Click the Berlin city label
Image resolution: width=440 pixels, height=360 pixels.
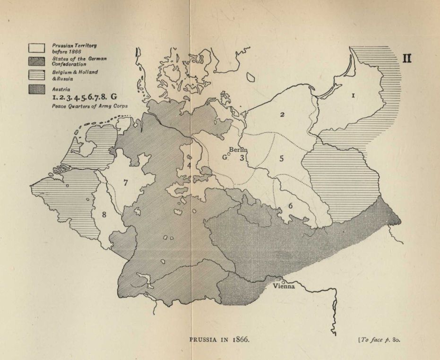[238, 150]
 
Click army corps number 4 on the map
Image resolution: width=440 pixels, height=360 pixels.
[189, 165]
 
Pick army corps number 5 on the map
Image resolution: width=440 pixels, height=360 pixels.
[281, 158]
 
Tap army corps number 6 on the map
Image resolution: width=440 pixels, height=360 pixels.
[290, 205]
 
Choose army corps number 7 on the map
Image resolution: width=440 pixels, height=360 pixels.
[126, 183]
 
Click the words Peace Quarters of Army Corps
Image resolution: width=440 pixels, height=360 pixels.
[84, 107]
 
